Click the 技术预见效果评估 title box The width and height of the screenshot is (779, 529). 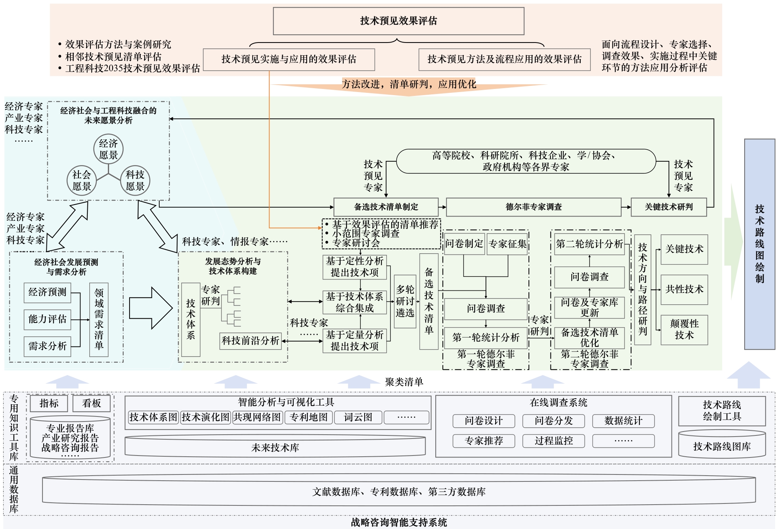pos(398,21)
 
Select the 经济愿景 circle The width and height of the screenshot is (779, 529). pos(108,149)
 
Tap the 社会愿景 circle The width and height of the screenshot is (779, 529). pos(82,181)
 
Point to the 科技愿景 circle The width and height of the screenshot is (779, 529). pos(135,181)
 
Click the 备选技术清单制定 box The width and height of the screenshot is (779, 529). pos(386,207)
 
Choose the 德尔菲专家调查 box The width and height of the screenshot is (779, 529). pos(534,207)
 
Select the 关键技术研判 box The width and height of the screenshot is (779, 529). pos(668,207)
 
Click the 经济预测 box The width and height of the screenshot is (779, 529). pos(48,292)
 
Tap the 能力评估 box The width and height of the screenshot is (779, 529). pos(48,319)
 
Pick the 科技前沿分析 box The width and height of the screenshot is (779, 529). pos(250,341)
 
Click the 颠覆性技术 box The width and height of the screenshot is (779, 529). pos(684,329)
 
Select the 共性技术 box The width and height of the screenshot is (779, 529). pos(684,289)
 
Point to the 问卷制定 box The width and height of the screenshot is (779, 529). pos(464,244)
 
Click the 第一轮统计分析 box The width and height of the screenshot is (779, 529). pos(486,338)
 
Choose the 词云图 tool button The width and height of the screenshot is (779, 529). pos(358,417)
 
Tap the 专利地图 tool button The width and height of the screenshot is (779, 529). pos(309,417)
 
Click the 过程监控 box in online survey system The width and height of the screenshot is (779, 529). pos(554,441)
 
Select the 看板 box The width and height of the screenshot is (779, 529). pos(91,403)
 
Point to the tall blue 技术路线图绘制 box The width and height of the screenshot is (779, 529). pos(759,244)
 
